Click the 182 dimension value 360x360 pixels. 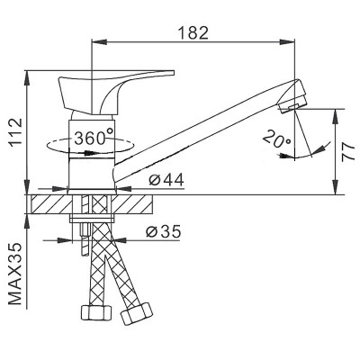pyautogui.click(x=193, y=32)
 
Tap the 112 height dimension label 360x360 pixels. pyautogui.click(x=15, y=132)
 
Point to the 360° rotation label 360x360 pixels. pyautogui.click(x=94, y=138)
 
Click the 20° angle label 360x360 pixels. pyautogui.click(x=277, y=139)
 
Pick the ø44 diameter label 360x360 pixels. pyautogui.click(x=166, y=180)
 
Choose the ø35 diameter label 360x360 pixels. pyautogui.click(x=164, y=231)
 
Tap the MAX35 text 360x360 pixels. pyautogui.click(x=15, y=274)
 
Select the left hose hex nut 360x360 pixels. pyautogui.click(x=96, y=313)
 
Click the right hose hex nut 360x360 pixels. pyautogui.click(x=137, y=314)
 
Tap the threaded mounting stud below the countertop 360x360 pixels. pyautogui.click(x=85, y=238)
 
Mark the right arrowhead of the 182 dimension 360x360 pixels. pyautogui.click(x=287, y=41)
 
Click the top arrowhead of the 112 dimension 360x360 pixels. pyautogui.click(x=27, y=78)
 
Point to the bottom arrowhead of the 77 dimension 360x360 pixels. pyautogui.click(x=335, y=187)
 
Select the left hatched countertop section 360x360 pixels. pyautogui.click(x=51, y=204)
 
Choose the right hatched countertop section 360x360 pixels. pyautogui.click(x=134, y=204)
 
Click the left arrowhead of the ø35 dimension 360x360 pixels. pyautogui.click(x=65, y=240)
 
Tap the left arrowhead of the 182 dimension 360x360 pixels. pyautogui.click(x=98, y=41)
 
